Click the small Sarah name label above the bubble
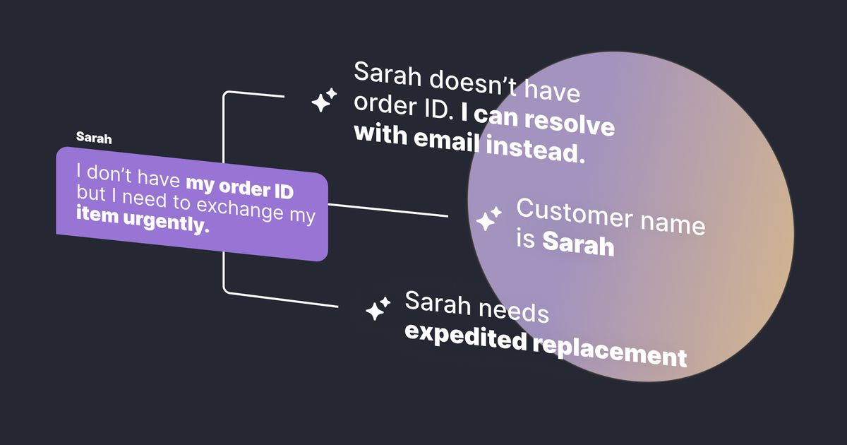94,138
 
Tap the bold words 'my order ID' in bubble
239,188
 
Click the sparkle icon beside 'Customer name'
488,220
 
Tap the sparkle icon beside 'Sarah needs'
378,308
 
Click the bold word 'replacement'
608,351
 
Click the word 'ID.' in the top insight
437,107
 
